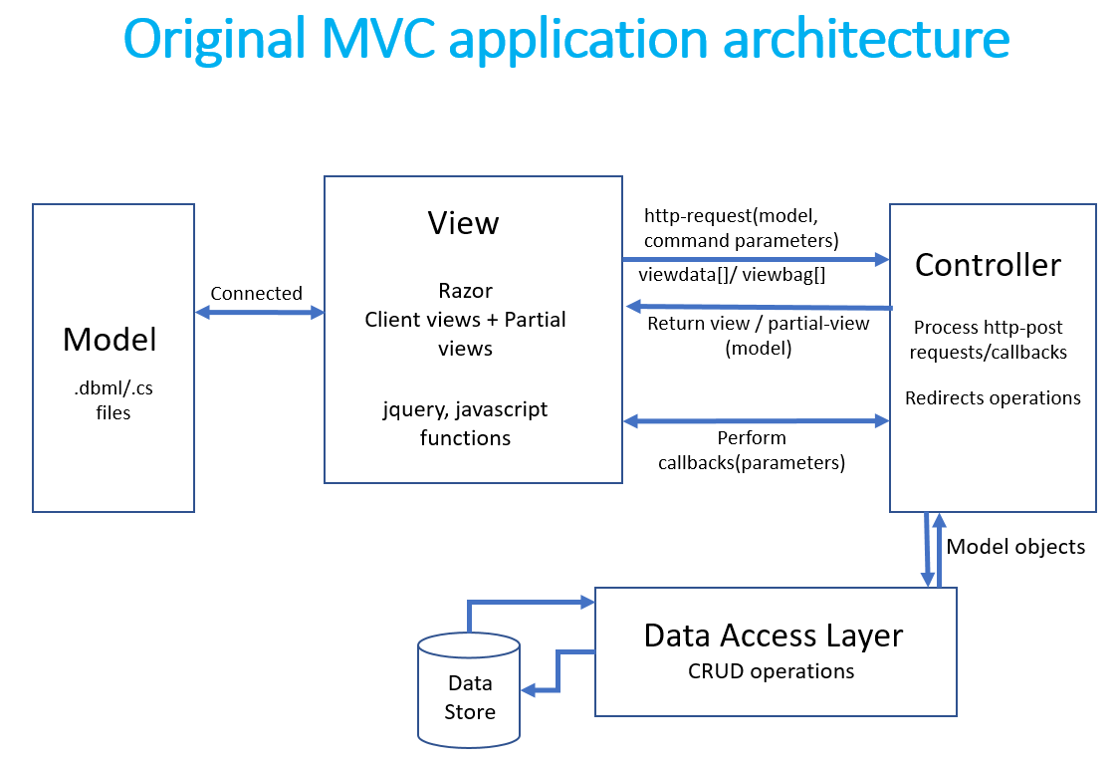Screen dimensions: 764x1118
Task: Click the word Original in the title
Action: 214,39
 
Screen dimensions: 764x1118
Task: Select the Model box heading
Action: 110,340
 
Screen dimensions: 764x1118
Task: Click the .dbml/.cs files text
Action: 112,399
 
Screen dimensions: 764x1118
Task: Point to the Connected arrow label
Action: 256,293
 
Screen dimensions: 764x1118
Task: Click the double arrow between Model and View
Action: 260,313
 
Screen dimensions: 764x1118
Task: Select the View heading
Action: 463,223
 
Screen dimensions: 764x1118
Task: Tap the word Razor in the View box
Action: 465,291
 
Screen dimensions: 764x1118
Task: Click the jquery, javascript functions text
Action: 465,423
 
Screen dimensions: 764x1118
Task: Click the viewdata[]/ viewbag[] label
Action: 732,274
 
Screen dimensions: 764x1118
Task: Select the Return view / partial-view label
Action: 758,323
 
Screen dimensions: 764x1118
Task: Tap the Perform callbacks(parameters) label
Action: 752,450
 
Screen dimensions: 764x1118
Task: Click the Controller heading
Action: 988,265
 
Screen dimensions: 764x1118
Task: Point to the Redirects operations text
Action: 993,397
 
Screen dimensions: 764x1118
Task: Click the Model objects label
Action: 1015,546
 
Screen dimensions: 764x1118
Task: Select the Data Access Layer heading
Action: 774,636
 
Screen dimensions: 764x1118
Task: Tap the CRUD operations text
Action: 771,670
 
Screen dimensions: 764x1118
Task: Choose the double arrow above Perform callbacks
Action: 756,421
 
